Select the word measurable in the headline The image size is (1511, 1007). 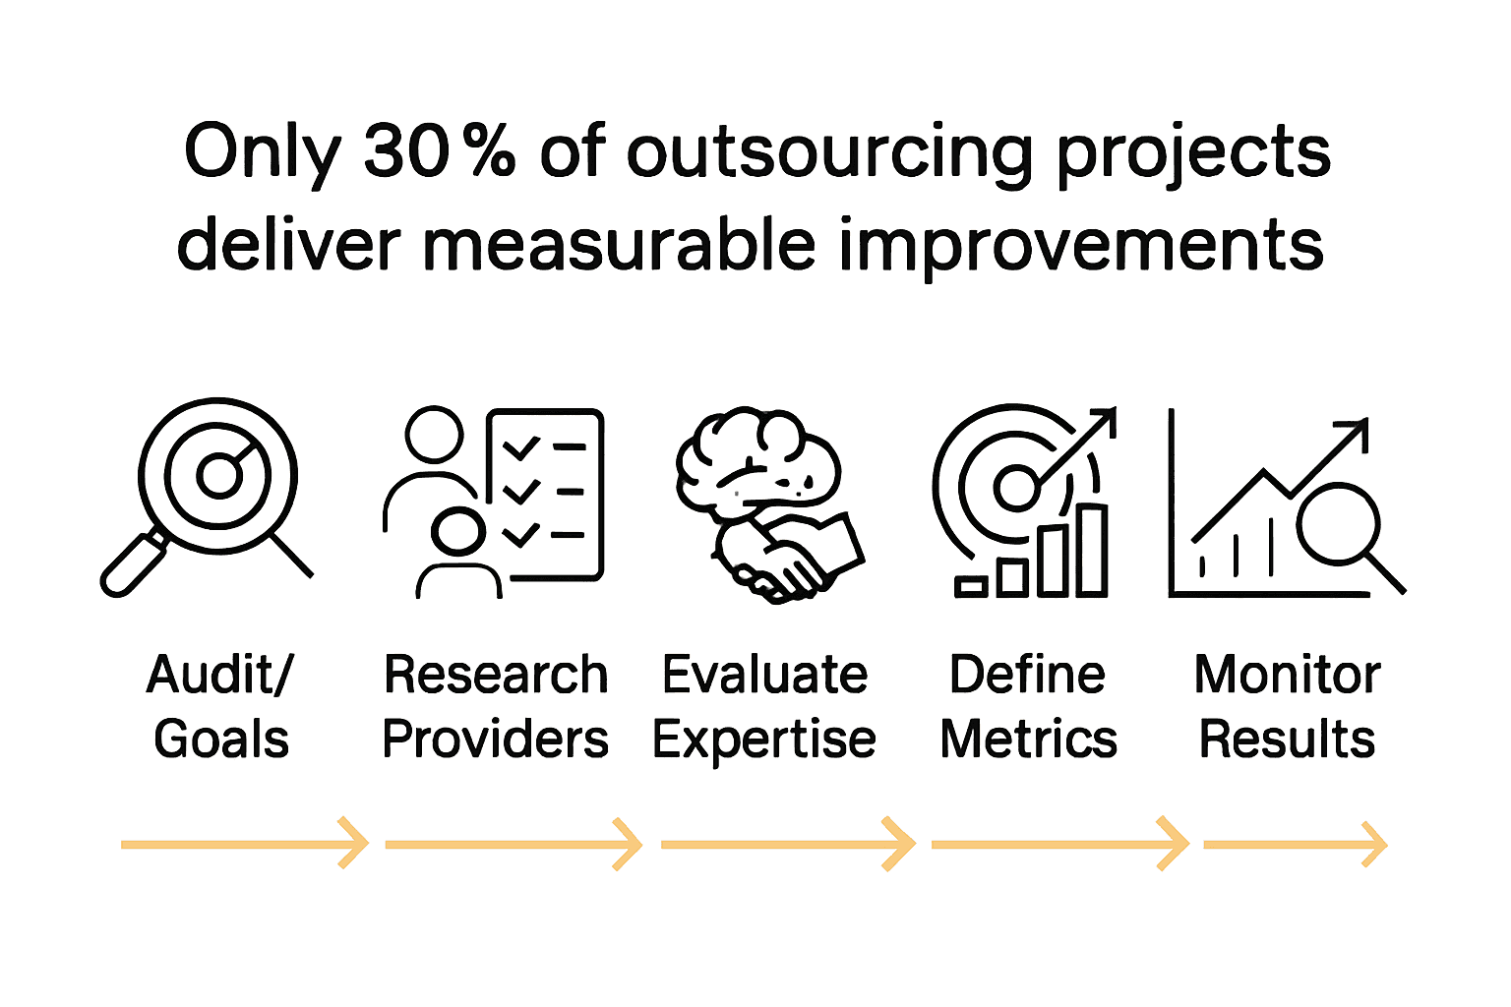[619, 246]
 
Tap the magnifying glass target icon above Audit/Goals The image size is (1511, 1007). [217, 477]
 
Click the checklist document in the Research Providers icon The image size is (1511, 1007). [544, 494]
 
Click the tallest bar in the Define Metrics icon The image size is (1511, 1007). [1092, 551]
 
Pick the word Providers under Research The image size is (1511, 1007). [495, 739]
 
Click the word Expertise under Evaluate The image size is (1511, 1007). [763, 740]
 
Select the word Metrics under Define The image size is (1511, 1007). [1028, 739]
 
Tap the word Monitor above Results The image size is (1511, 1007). [1287, 675]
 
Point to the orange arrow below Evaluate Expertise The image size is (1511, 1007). [787, 843]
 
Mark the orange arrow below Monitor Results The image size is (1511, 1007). [1295, 843]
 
